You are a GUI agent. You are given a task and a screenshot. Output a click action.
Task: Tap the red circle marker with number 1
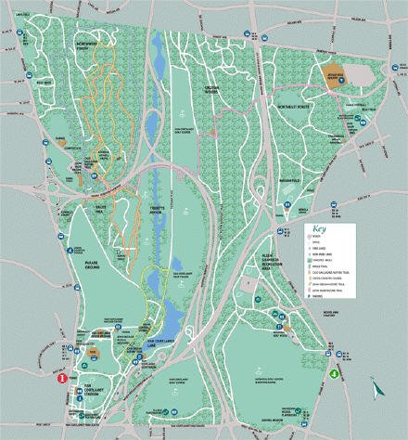(x=61, y=379)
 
